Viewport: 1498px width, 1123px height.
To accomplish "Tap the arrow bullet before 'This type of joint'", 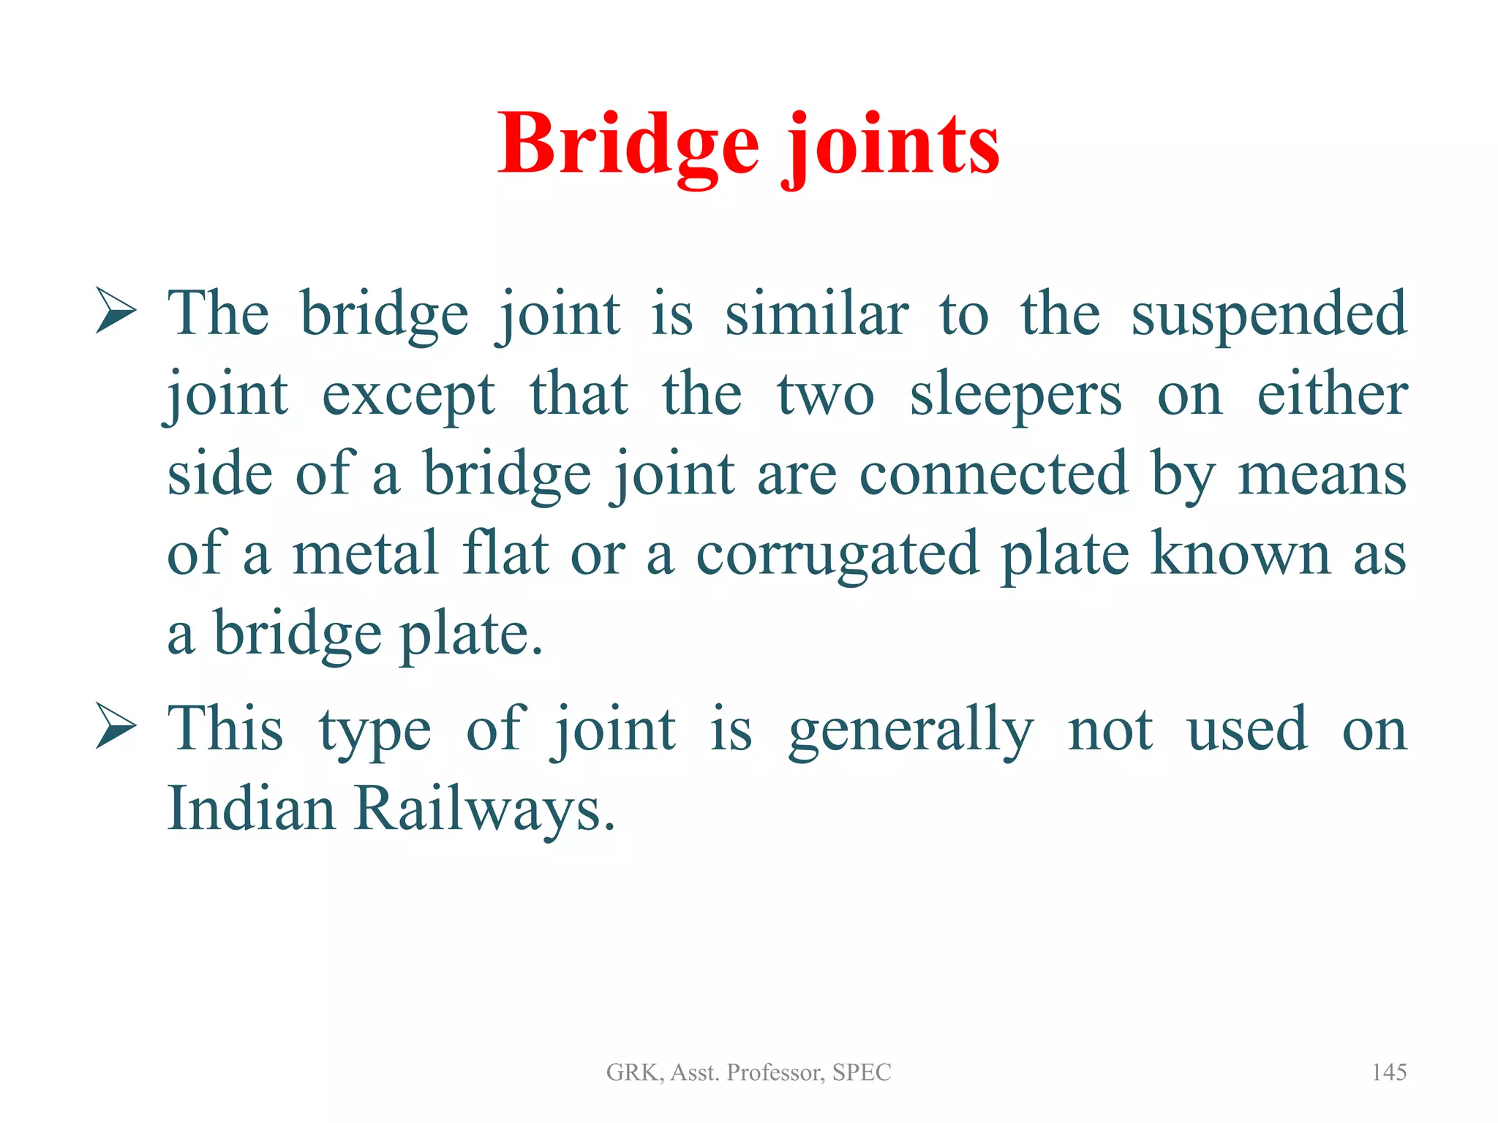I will click(116, 727).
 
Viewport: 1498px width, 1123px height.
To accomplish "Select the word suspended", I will click(1268, 314).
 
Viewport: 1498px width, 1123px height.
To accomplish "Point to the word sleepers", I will click(1015, 396).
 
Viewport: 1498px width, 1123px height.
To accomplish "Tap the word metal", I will click(366, 553).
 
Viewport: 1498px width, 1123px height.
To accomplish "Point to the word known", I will click(1240, 553).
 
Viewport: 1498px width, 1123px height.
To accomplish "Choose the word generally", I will click(911, 730).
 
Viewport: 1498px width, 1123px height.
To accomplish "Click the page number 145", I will click(1388, 1073).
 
